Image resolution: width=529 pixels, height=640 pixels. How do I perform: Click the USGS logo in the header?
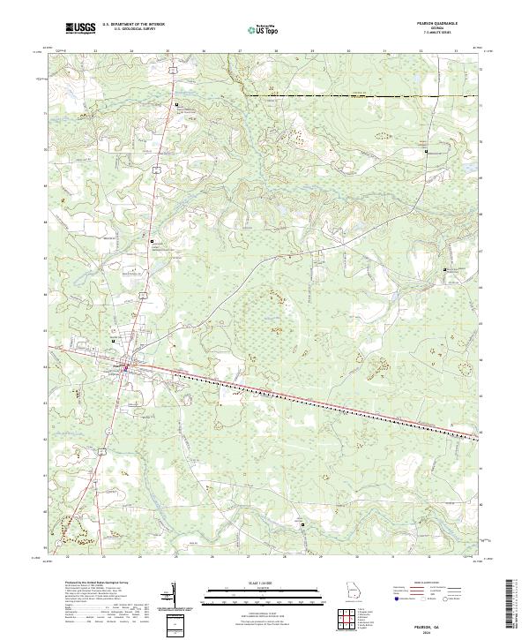tap(80, 28)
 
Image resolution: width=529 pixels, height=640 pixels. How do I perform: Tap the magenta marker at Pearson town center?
tap(126, 367)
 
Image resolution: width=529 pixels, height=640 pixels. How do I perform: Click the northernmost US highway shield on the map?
tap(175, 67)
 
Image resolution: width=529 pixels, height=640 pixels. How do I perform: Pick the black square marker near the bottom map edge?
tap(303, 524)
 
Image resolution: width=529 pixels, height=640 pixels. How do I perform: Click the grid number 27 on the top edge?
tap(240, 51)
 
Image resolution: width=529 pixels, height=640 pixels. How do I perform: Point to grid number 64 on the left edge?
tap(47, 365)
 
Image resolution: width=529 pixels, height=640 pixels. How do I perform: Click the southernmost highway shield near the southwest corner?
tap(103, 452)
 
